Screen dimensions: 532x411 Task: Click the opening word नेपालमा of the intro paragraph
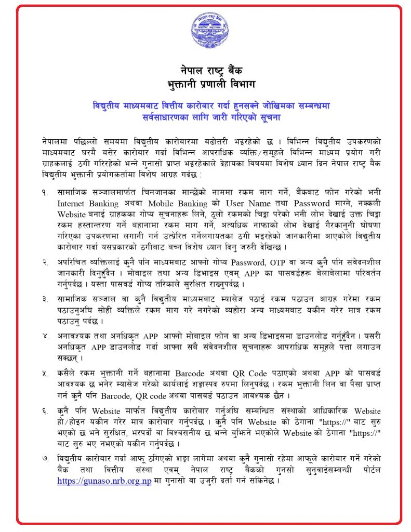(x=57, y=141)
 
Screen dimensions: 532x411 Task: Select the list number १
(x=46, y=192)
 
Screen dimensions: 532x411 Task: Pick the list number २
(x=46, y=261)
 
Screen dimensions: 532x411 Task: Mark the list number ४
(x=46, y=335)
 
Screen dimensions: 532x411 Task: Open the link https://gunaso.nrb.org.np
(x=104, y=481)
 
